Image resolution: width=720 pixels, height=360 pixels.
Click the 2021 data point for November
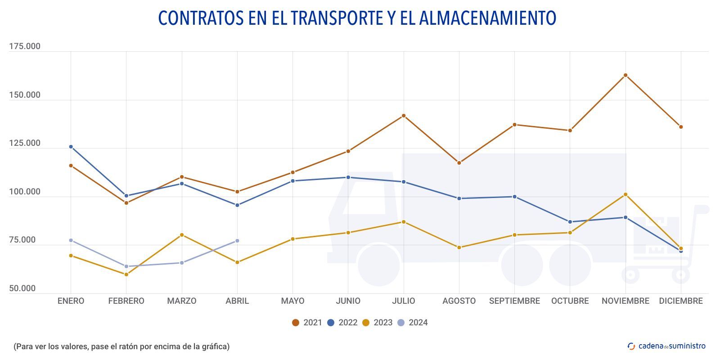625,75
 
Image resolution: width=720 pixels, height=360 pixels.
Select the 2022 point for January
71,147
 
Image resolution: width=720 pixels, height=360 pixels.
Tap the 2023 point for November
625,194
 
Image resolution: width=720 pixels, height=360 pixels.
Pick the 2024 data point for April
237,241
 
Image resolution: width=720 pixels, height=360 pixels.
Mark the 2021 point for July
404,116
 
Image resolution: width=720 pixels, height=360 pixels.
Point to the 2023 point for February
126,274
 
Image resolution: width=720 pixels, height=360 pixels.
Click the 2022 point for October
570,222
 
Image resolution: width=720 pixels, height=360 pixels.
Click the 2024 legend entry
413,323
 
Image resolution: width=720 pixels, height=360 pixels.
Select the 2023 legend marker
366,323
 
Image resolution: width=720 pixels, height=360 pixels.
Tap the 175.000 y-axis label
25,46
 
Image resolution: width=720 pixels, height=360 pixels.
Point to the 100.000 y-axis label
25,192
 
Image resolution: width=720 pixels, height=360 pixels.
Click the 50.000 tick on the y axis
22,288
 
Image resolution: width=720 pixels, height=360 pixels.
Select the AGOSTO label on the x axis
459,301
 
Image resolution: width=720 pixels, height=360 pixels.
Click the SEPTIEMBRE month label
514,301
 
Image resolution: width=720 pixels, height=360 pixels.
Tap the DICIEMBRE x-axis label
681,301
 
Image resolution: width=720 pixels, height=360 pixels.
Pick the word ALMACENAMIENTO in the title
488,18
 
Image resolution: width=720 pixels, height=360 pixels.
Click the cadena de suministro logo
666,346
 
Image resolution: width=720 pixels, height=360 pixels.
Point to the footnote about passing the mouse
121,346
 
